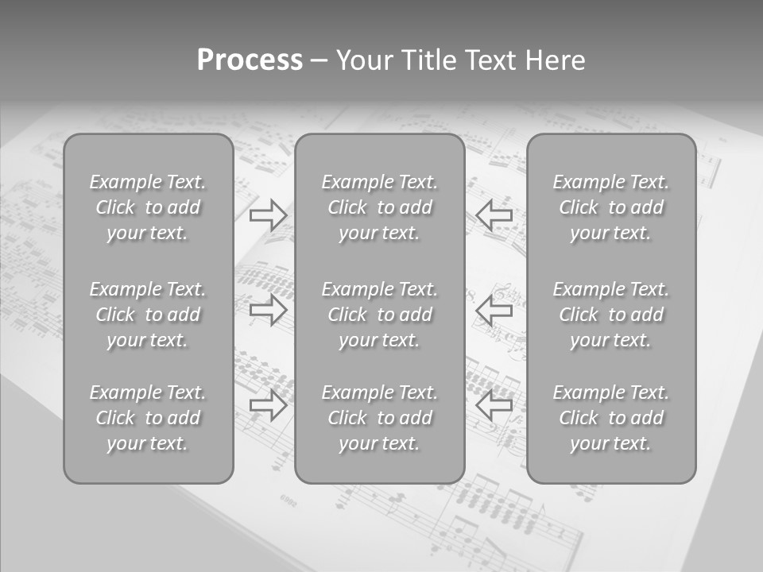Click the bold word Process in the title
pos(250,60)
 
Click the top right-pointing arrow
pos(269,214)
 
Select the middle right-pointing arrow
pos(269,310)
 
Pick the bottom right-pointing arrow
pos(269,405)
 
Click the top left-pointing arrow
pos(494,214)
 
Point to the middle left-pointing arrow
pos(494,310)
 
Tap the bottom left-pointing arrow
pos(494,405)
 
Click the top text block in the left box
pos(148,207)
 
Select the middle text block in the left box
pos(148,315)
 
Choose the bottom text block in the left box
pos(148,418)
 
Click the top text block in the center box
pos(380,207)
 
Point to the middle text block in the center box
pos(380,315)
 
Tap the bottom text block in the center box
pos(380,418)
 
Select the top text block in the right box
pos(611,207)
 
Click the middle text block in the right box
pos(611,315)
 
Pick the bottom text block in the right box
pos(611,418)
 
